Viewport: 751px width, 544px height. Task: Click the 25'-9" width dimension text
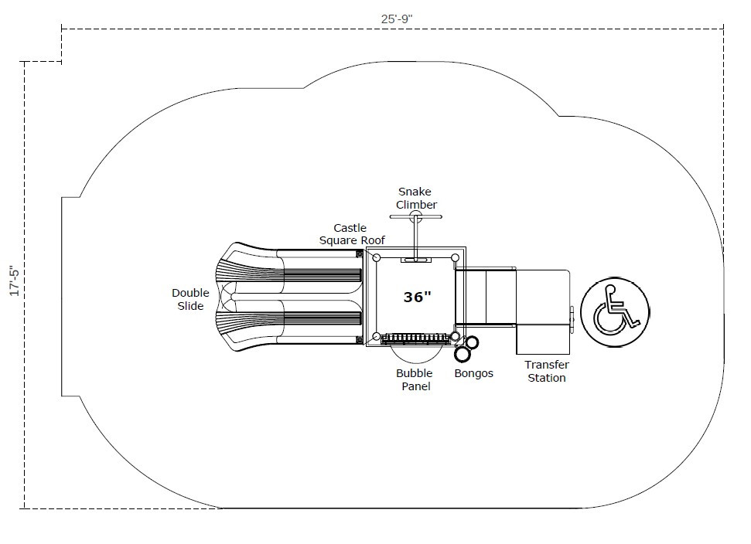pyautogui.click(x=402, y=19)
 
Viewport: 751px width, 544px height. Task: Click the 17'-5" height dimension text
pyautogui.click(x=13, y=280)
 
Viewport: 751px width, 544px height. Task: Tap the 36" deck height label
pyautogui.click(x=417, y=297)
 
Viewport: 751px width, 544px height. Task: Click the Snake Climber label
pyautogui.click(x=416, y=198)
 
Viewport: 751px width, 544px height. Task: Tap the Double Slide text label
pyautogui.click(x=190, y=300)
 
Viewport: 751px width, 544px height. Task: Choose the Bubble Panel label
pyautogui.click(x=414, y=379)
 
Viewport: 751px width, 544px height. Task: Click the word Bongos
pyautogui.click(x=473, y=373)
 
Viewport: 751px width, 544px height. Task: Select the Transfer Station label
pyautogui.click(x=546, y=371)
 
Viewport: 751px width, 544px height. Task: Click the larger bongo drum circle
pyautogui.click(x=463, y=354)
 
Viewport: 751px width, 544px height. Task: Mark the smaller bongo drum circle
pyautogui.click(x=472, y=342)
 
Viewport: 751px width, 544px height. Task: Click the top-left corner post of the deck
pyautogui.click(x=377, y=257)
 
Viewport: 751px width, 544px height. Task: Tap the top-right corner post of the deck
pyautogui.click(x=455, y=257)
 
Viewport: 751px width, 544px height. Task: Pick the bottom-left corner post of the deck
pyautogui.click(x=377, y=336)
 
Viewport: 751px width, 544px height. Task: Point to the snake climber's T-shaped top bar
pyautogui.click(x=416, y=217)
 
